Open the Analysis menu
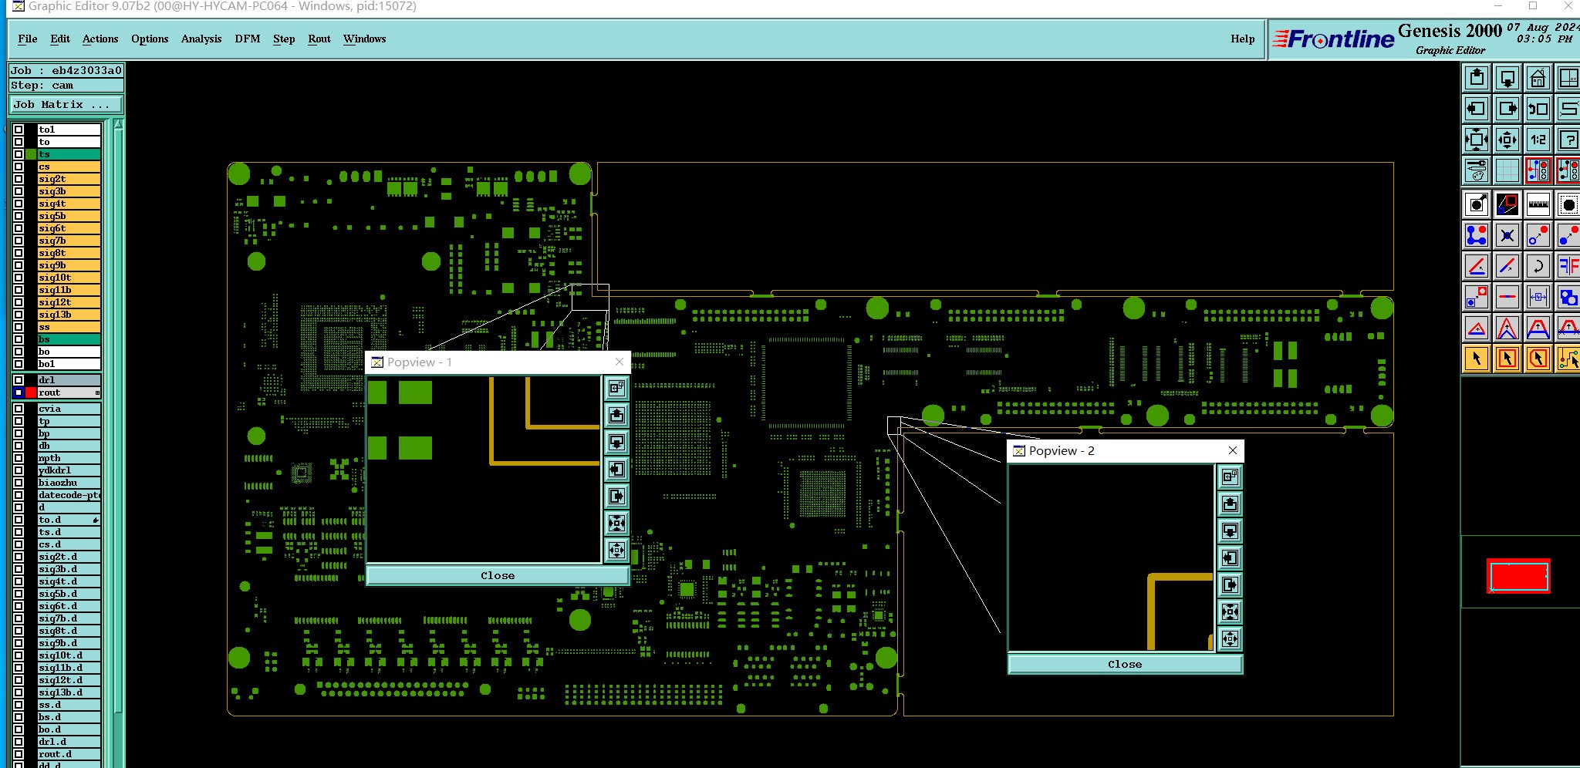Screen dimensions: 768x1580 pos(201,39)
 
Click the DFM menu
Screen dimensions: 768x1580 pos(247,39)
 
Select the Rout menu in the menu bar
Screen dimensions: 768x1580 pos(319,39)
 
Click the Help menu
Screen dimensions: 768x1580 pos(1242,39)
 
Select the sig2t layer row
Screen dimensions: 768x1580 pos(69,179)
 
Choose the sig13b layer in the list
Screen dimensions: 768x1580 pos(69,315)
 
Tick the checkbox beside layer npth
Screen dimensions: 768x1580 pos(19,458)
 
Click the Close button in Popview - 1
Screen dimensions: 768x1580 pos(497,575)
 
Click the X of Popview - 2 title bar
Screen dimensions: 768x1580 pos(1232,450)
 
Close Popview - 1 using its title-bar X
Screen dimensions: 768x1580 pos(619,362)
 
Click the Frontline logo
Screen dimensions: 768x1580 pos(1333,39)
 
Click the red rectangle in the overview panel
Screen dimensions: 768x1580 pos(1518,576)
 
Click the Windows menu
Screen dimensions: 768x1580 pos(364,39)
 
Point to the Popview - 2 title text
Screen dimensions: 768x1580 pos(1061,450)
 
